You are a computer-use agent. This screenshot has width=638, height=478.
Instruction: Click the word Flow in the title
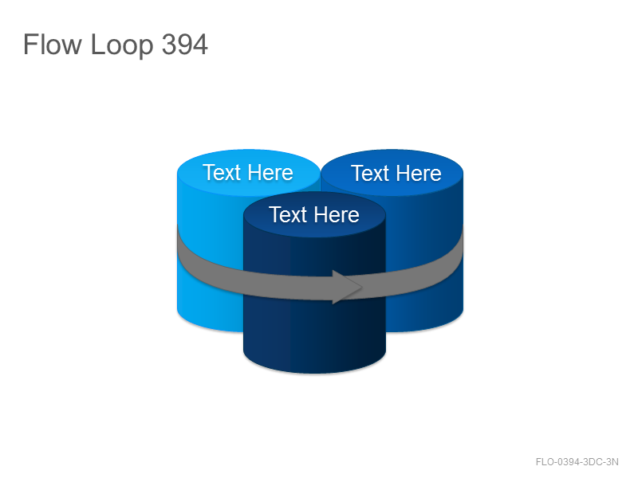(x=52, y=44)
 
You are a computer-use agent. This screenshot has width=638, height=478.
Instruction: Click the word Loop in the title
(x=122, y=45)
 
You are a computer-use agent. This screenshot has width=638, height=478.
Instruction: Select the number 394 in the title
(x=185, y=44)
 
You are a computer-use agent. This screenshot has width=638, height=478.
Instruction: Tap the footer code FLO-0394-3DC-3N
(x=577, y=462)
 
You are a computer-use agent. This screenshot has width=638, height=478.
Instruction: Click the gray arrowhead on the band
(x=347, y=287)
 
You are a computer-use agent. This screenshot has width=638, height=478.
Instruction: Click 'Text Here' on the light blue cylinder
(x=248, y=172)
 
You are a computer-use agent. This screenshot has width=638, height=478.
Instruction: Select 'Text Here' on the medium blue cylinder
(x=396, y=173)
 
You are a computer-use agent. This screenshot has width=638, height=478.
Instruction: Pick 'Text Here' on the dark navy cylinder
(x=314, y=214)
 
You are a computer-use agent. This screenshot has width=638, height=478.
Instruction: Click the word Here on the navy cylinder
(x=337, y=214)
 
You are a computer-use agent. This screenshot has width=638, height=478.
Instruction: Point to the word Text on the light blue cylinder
(x=222, y=172)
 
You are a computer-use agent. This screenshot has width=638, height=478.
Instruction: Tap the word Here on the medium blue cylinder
(x=419, y=173)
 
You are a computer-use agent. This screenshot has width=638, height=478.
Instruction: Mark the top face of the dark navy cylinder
(x=314, y=214)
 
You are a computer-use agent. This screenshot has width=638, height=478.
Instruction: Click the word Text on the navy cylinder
(x=288, y=214)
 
